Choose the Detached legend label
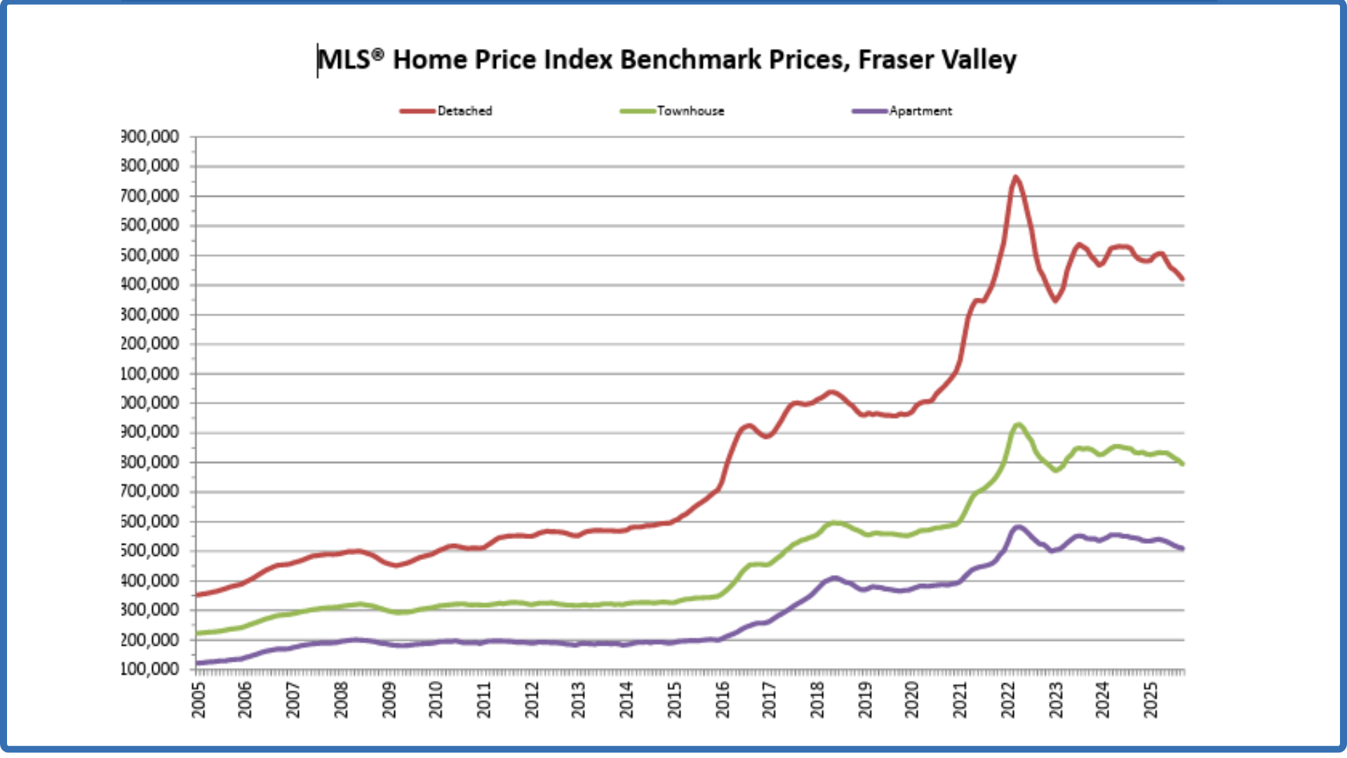[x=464, y=111]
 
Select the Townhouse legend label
[x=690, y=111]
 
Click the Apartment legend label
[x=920, y=111]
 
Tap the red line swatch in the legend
[x=417, y=111]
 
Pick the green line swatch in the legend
[x=638, y=111]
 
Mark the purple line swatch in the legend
[x=869, y=111]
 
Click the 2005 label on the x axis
[x=199, y=700]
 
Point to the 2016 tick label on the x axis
[x=723, y=700]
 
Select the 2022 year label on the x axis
[x=1008, y=700]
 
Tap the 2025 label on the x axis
[x=1151, y=700]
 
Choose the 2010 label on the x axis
[x=436, y=700]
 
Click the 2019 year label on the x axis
[x=865, y=700]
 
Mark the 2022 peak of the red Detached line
[x=1015, y=178]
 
